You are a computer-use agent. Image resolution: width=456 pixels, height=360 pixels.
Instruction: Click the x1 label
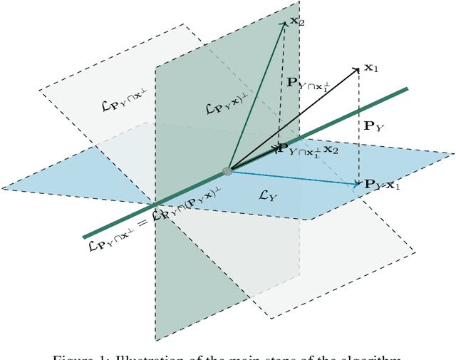(370, 68)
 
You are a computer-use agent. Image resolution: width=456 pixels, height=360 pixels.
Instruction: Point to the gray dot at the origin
(227, 171)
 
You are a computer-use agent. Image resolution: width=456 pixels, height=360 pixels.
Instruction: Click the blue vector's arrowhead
(358, 185)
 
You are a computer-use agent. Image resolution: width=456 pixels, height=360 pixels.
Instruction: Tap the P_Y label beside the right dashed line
(373, 126)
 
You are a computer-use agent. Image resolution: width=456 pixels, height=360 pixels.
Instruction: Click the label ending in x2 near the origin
(306, 150)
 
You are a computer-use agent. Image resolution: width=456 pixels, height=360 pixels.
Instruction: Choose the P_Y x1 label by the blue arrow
(383, 185)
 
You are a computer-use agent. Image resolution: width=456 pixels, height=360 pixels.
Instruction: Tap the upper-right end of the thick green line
(406, 89)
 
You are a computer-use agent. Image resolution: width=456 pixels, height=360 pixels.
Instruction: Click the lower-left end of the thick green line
(85, 237)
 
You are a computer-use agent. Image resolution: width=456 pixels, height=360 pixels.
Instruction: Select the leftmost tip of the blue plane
(2, 188)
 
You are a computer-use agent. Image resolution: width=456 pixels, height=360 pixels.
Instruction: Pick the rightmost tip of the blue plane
(453, 153)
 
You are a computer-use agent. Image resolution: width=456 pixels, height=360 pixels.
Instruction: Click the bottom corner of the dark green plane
(156, 340)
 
